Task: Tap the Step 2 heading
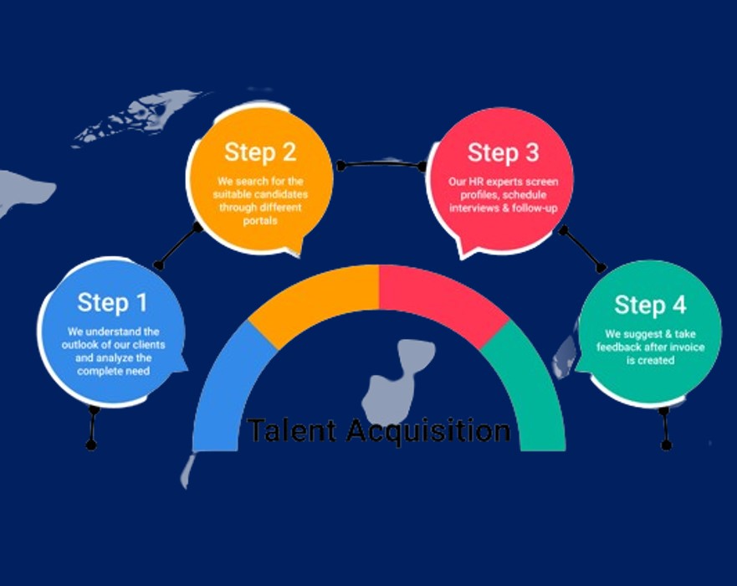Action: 259,152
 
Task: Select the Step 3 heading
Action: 503,153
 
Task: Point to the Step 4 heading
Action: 650,305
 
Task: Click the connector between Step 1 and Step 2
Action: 177,246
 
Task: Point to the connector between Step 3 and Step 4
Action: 582,249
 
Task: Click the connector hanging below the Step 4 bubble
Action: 664,428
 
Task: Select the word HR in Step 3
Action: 478,181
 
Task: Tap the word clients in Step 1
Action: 148,345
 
